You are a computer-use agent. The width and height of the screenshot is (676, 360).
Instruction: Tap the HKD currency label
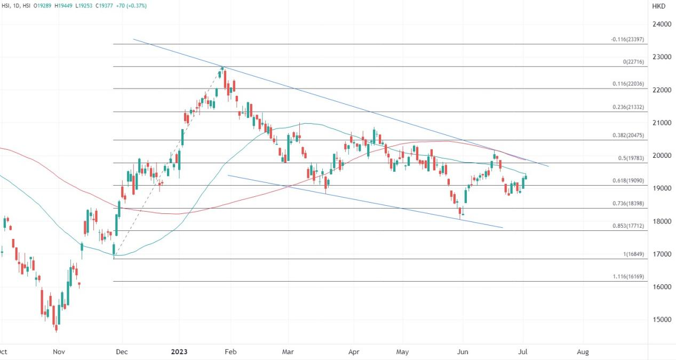658,6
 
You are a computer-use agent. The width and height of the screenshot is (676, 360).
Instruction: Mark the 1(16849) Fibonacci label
634,254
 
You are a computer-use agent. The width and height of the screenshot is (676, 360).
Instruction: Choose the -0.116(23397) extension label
628,39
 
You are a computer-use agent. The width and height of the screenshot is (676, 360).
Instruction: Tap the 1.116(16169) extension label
628,277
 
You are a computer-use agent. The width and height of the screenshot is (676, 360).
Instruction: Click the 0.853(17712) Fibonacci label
628,226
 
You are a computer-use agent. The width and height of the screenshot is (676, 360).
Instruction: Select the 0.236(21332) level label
628,107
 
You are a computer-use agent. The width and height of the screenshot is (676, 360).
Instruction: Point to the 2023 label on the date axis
179,352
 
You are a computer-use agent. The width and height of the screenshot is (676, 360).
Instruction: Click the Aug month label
583,352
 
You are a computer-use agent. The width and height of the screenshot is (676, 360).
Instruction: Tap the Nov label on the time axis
59,352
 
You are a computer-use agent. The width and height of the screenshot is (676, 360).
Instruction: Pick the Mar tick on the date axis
288,352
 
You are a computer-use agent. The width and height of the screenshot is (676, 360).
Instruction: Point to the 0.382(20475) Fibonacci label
628,135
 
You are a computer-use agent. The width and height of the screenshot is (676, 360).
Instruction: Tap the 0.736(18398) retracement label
628,204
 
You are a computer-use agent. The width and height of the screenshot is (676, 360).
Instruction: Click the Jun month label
463,352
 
